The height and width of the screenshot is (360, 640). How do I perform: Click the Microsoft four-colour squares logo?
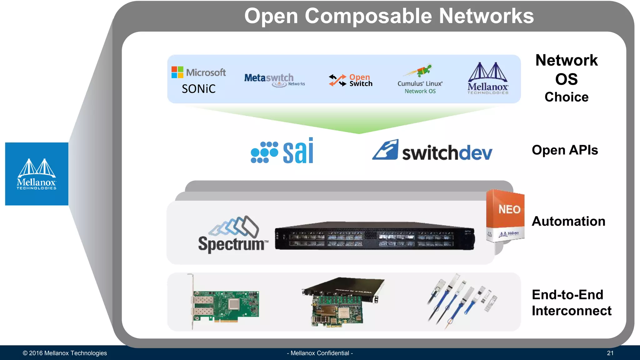(177, 72)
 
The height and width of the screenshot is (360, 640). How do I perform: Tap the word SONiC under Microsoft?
(199, 89)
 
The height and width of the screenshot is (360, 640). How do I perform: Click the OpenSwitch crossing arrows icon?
(337, 80)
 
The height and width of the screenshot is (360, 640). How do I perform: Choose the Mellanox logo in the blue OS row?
(488, 78)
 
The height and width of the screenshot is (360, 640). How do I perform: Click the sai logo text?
(298, 151)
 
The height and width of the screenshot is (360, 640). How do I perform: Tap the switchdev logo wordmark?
(447, 153)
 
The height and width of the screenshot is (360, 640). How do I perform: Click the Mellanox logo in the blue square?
(37, 174)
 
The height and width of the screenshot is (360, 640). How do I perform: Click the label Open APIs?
(565, 150)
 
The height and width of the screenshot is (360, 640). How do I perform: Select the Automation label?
(568, 221)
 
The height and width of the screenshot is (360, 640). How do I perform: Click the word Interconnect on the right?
(572, 311)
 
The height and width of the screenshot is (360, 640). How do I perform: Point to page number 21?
(610, 353)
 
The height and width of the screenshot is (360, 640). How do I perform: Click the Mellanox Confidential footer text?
(320, 353)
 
